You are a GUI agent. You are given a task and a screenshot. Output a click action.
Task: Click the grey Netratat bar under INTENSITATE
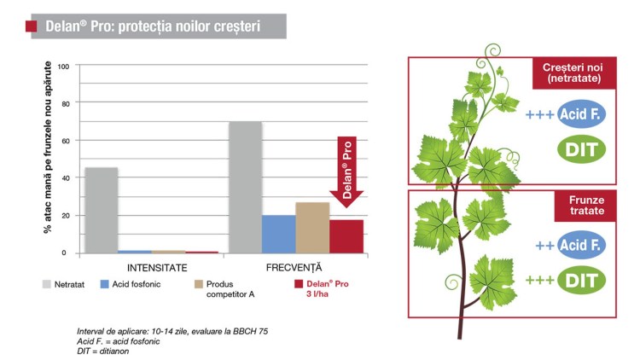point(102,210)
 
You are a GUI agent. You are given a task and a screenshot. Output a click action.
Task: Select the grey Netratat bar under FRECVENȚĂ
point(245,188)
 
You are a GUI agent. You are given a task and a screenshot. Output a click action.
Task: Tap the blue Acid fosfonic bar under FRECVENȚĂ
point(279,235)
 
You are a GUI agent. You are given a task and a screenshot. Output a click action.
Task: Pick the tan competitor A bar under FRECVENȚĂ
point(312,228)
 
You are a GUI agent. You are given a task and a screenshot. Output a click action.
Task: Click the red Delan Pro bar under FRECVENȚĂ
point(346,237)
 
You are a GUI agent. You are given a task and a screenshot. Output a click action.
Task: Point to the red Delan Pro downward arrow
point(346,171)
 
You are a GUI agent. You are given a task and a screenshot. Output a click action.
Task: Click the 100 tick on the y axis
point(63,67)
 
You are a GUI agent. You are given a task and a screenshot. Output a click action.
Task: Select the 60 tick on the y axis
point(66,141)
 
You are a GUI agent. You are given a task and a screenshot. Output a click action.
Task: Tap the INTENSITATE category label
point(157,268)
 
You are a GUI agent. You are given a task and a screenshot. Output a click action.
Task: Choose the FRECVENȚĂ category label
point(294,267)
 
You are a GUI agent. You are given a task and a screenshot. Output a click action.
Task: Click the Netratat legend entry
point(63,284)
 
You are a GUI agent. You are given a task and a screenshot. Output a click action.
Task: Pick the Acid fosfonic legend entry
point(131,284)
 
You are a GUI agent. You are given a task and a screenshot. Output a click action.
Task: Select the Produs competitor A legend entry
point(224,289)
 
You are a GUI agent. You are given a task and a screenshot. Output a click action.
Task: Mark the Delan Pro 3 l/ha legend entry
point(322,289)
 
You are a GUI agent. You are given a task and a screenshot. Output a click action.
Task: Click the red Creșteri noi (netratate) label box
point(574,73)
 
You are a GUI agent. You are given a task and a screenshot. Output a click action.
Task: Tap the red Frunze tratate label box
point(585,206)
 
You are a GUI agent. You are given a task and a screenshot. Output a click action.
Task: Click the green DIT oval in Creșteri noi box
point(581,149)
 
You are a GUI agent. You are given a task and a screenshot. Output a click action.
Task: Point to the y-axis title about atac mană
point(48,148)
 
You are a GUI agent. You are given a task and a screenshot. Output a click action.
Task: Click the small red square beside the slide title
point(31,26)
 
